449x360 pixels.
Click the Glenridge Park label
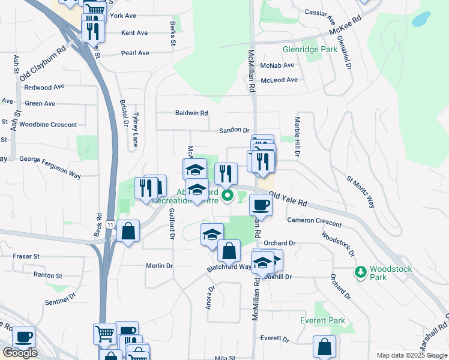(310, 50)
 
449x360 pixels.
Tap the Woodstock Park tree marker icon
(360, 272)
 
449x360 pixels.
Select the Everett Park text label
(322, 321)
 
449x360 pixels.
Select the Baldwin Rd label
(191, 113)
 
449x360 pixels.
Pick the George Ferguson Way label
(50, 159)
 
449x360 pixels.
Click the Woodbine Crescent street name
(48, 125)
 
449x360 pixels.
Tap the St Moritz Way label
(360, 191)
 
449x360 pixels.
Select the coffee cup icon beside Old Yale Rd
(260, 205)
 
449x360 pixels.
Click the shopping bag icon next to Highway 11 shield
(128, 230)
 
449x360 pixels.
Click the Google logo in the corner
(19, 353)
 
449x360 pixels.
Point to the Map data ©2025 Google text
(412, 355)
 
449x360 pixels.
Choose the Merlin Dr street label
(159, 266)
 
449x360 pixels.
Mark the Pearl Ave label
(135, 53)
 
